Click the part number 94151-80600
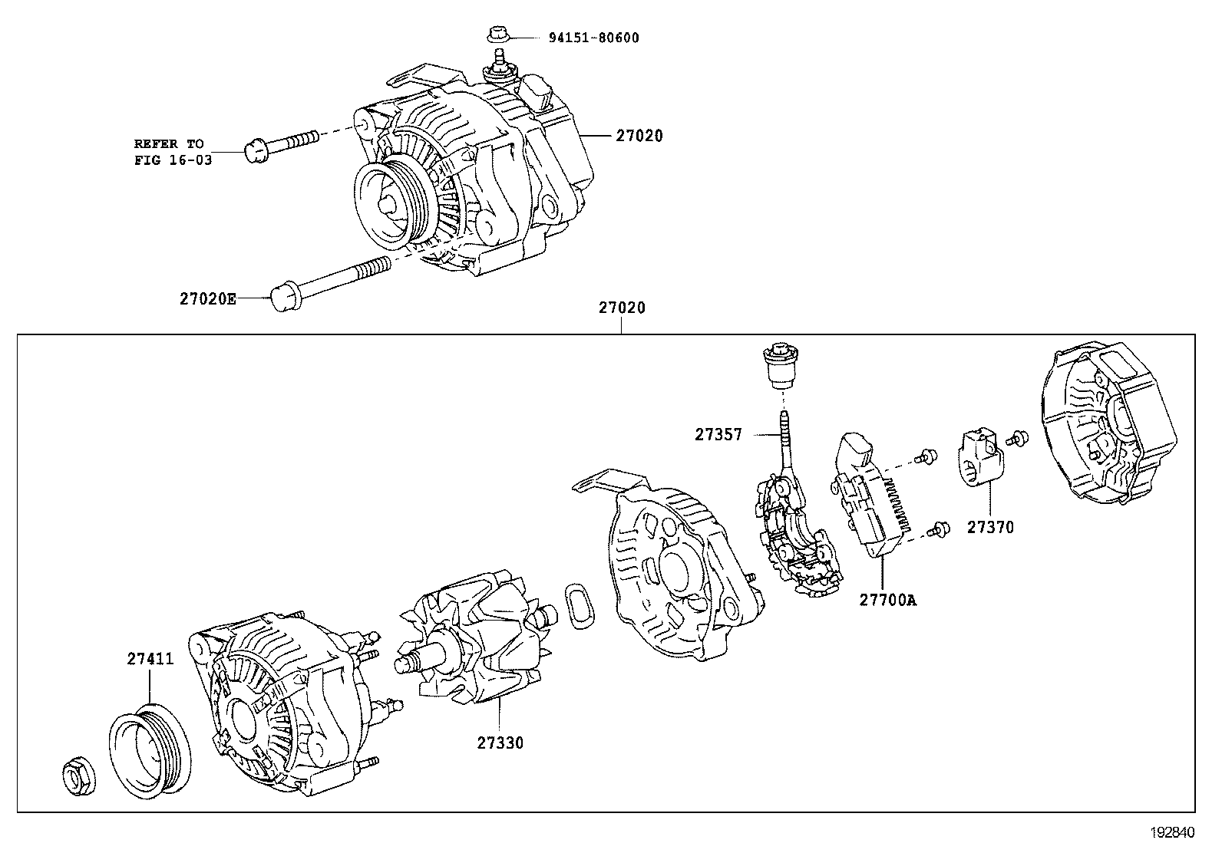(593, 38)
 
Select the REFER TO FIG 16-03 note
(169, 151)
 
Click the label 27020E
(209, 299)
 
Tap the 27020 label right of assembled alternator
(639, 136)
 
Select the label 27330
(500, 743)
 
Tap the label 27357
(718, 434)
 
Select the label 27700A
(887, 600)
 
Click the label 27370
(989, 527)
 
